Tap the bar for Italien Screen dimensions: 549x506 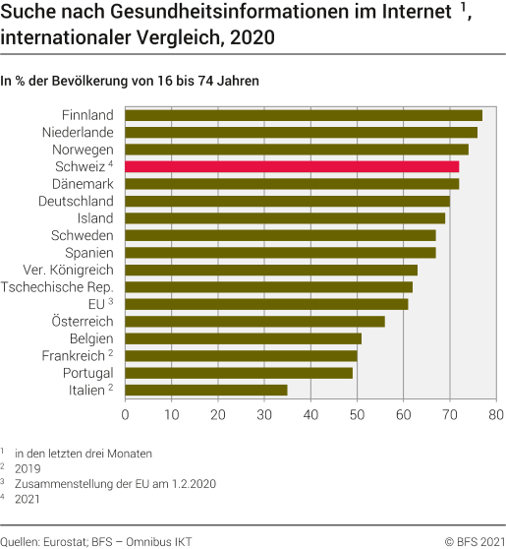click(206, 390)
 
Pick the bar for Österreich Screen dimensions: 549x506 click(254, 321)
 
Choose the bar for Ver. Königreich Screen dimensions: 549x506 click(271, 270)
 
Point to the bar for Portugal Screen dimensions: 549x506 click(239, 373)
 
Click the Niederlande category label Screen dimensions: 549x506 click(78, 132)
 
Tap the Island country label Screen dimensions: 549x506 click(95, 218)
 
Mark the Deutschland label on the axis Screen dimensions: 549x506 click(76, 201)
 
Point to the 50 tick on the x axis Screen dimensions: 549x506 click(358, 414)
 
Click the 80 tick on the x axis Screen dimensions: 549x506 click(496, 414)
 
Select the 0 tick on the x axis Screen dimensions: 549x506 click(126, 414)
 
